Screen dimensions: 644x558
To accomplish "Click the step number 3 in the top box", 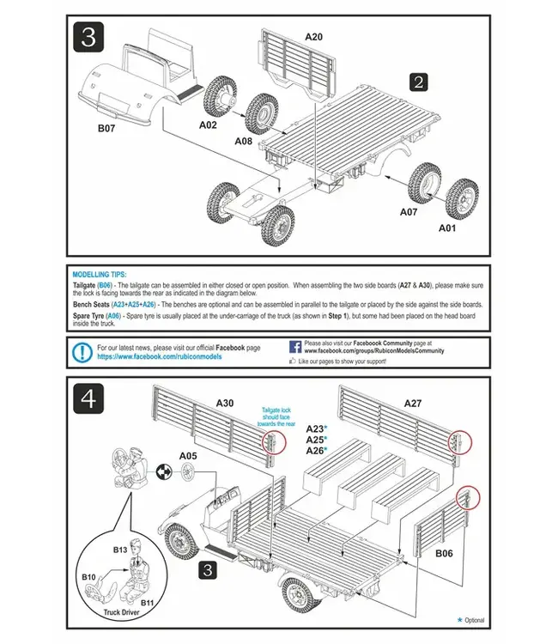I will [89, 37].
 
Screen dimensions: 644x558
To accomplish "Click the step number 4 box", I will [89, 400].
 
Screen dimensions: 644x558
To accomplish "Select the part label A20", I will [313, 37].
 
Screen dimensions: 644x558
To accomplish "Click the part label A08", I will [244, 142].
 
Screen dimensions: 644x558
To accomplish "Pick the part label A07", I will [409, 210].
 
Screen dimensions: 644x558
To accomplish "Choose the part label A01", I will [447, 228].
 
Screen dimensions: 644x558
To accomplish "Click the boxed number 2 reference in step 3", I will [418, 82].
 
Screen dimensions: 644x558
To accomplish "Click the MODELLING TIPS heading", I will [99, 273].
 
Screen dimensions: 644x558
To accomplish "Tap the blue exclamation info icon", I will [82, 351].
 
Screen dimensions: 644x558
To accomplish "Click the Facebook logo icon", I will [294, 347].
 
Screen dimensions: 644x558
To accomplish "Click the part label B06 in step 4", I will [444, 553].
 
